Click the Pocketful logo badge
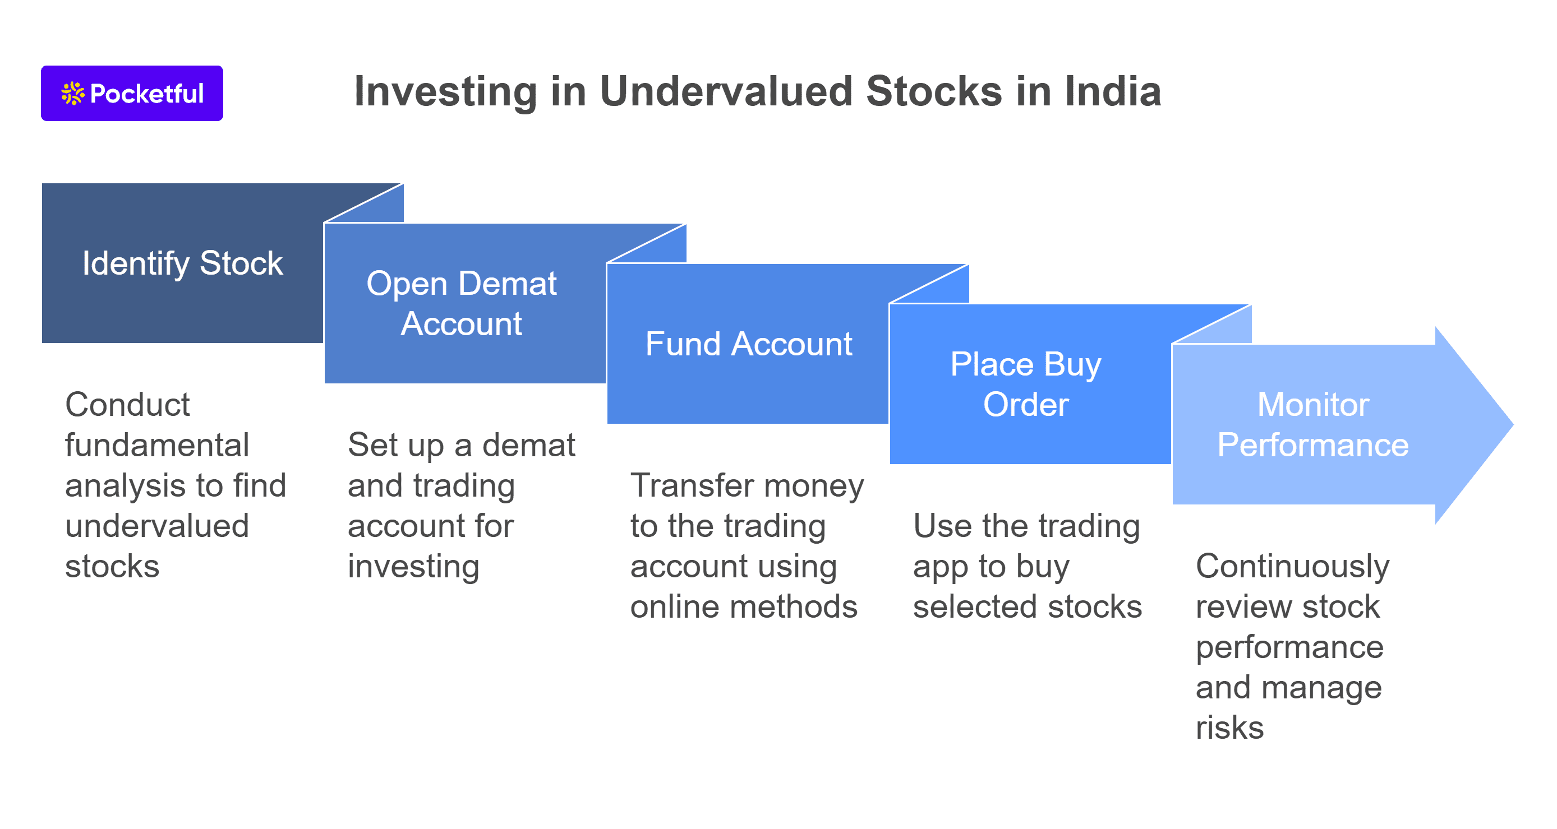pos(132,93)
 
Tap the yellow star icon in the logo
pos(72,94)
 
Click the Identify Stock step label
pos(182,263)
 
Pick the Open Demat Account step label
pos(461,303)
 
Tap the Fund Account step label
pos(748,344)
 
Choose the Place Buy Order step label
pos(1026,385)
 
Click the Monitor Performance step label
pos(1312,425)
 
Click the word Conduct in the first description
pos(127,405)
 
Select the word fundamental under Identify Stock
pos(156,445)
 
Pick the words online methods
pos(743,606)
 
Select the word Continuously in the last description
pos(1292,567)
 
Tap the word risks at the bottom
pos(1229,728)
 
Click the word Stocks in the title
pos(934,92)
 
